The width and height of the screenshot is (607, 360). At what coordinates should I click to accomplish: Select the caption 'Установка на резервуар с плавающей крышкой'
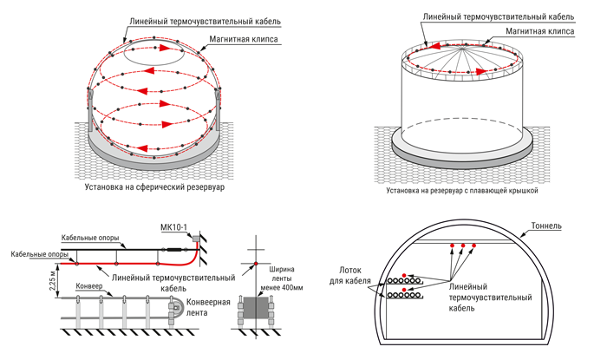pos(463,187)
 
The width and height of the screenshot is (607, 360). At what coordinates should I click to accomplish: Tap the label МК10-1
pos(177,227)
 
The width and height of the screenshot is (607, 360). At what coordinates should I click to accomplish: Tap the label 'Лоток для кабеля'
pos(354,275)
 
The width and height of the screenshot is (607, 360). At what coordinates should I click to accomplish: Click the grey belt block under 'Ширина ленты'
pos(257,309)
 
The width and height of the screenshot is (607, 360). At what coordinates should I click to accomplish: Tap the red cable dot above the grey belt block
pos(257,263)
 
